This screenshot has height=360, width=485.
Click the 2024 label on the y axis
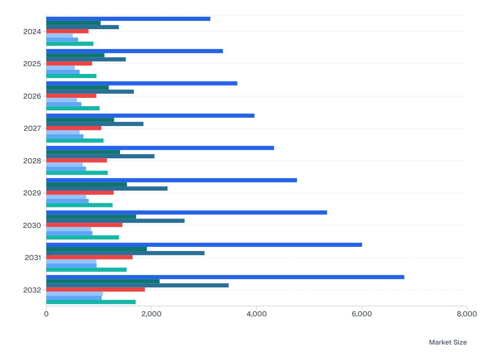[32, 32]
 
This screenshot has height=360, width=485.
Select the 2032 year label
[32, 290]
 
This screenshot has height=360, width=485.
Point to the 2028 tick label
[32, 161]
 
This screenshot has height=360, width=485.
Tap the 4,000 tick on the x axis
[256, 314]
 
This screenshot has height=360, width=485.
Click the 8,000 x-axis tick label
[467, 314]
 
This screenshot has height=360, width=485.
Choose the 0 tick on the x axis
[46, 314]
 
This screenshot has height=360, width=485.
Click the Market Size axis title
[448, 342]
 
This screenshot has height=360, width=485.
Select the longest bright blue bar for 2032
[225, 277]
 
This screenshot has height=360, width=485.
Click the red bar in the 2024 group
[67, 31]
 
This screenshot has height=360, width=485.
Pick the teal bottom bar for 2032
[91, 302]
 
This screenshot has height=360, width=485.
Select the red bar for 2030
[84, 225]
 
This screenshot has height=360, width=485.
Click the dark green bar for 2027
[80, 120]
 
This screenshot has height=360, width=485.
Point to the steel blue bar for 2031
[125, 253]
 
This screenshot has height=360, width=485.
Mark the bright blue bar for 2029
[171, 180]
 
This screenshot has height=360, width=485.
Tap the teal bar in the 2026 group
[73, 108]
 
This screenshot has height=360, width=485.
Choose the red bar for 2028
[77, 160]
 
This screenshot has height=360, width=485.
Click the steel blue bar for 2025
[86, 59]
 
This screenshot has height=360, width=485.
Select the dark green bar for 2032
[103, 281]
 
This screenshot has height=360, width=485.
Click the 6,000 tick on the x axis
[361, 314]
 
